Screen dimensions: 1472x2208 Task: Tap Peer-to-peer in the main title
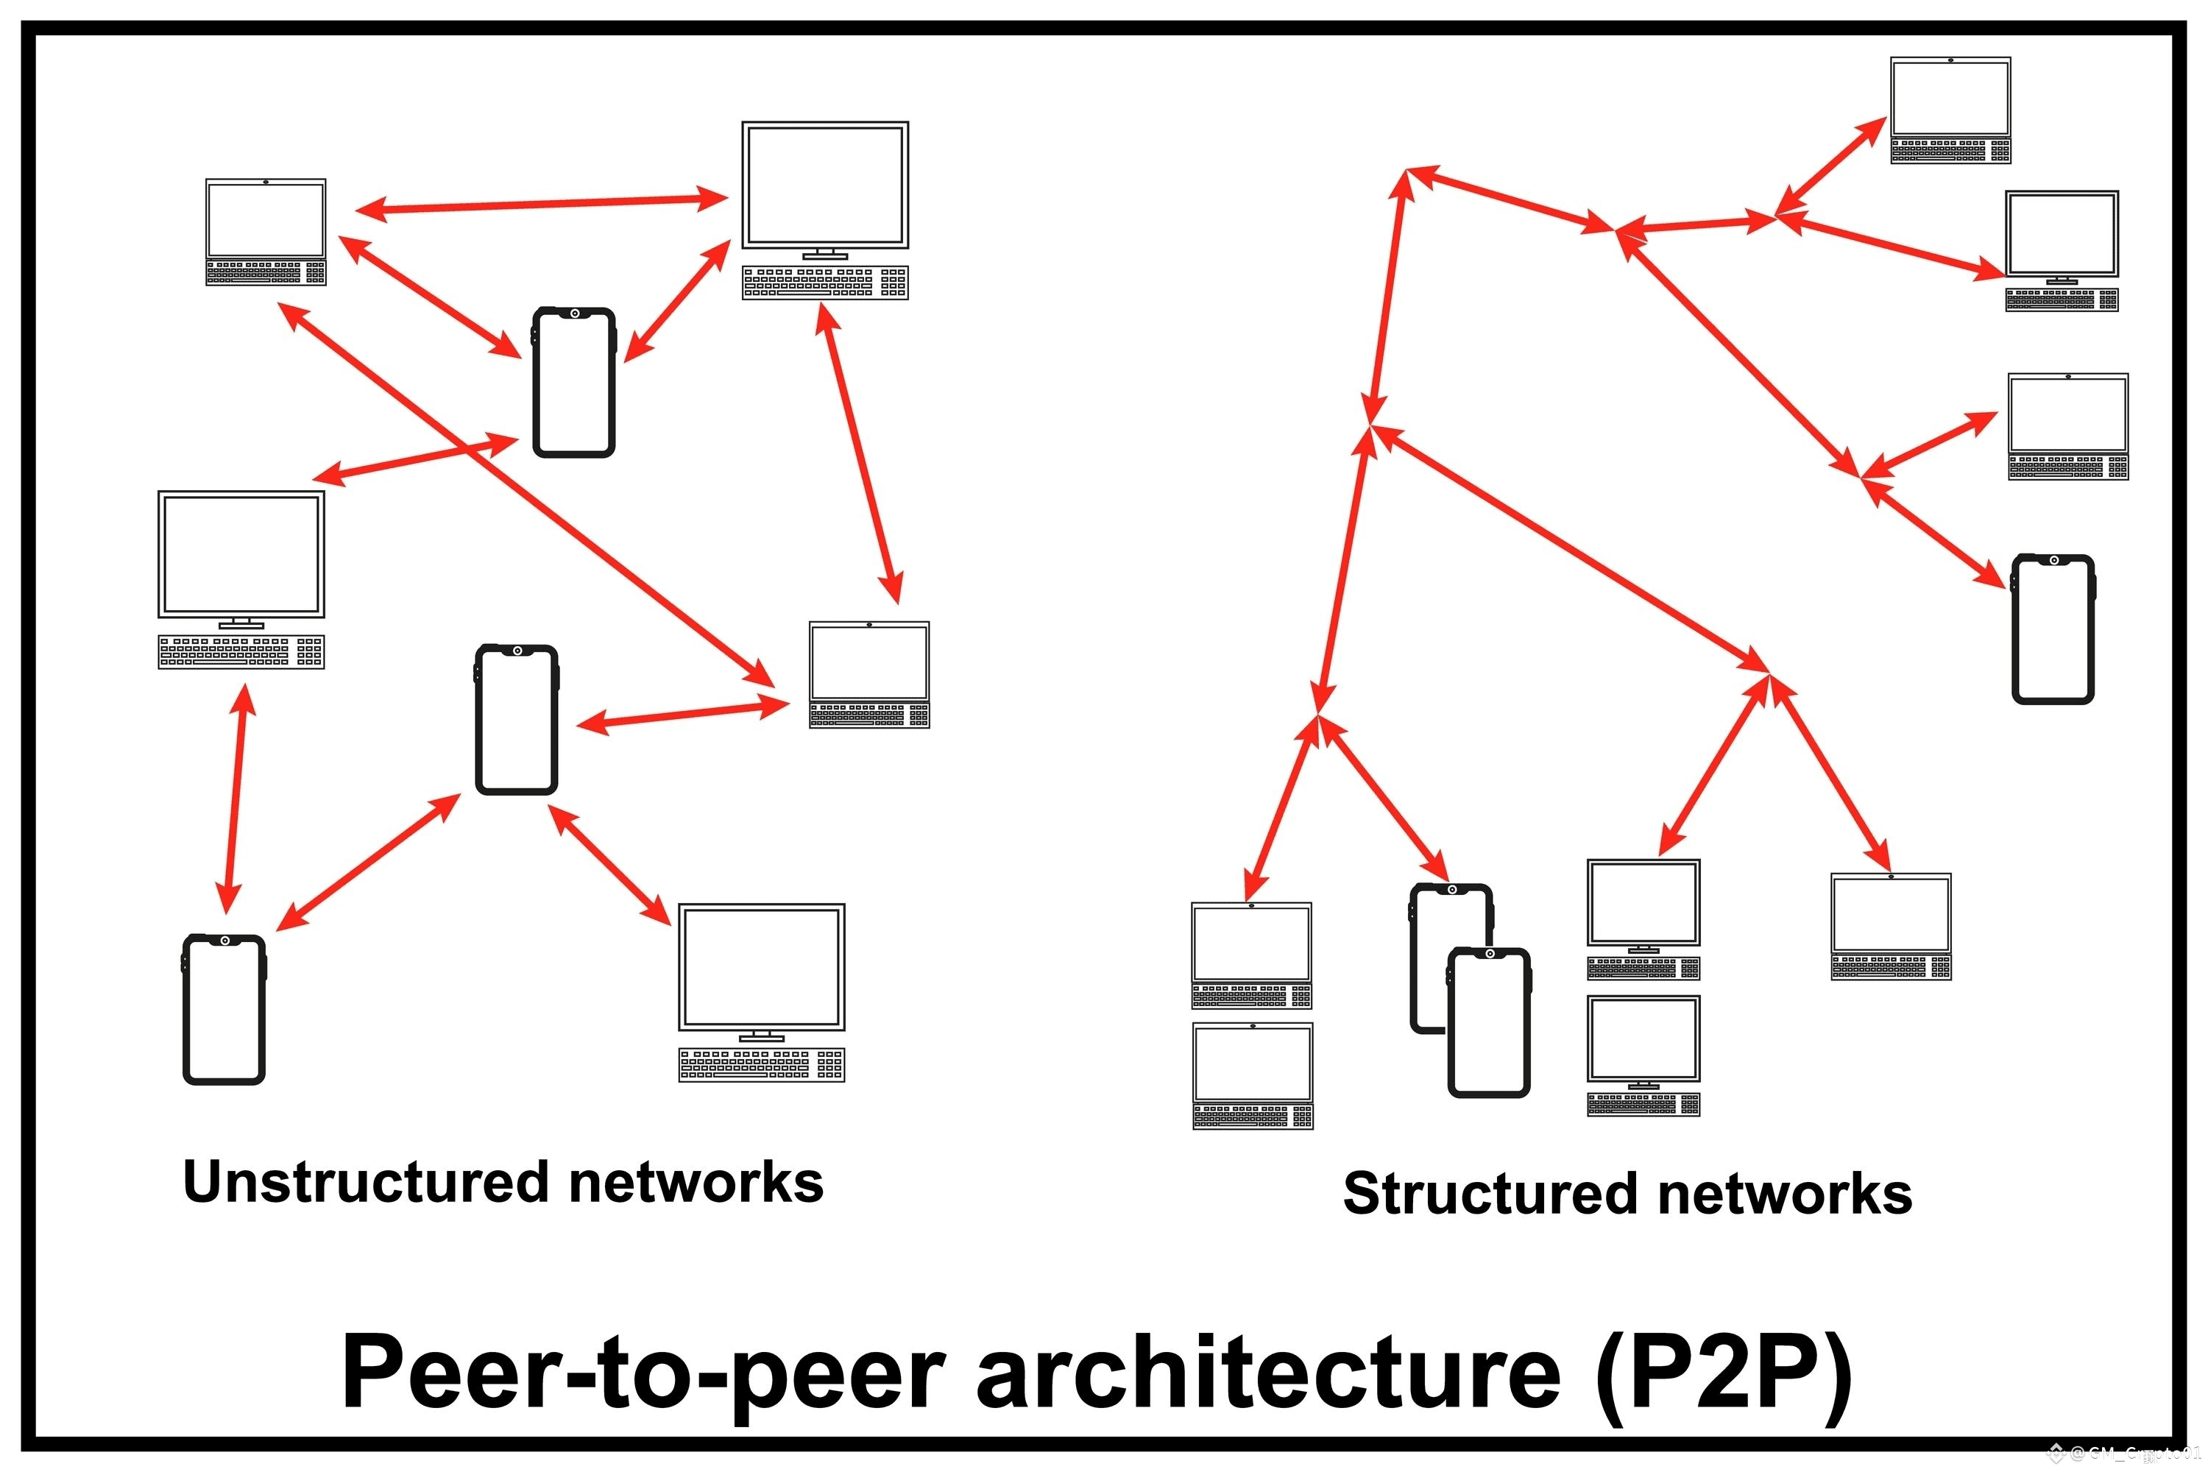[x=643, y=1373]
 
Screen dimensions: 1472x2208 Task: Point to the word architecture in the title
[x=1267, y=1373]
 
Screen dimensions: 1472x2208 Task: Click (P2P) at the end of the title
[x=1724, y=1373]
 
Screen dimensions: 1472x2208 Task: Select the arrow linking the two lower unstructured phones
[x=368, y=863]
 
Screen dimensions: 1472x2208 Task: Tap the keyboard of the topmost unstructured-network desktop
[x=824, y=283]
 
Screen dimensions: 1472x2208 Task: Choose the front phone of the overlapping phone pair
[x=1489, y=1023]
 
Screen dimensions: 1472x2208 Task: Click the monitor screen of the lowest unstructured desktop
[x=761, y=967]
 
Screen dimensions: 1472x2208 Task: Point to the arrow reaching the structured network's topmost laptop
[x=1830, y=166]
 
